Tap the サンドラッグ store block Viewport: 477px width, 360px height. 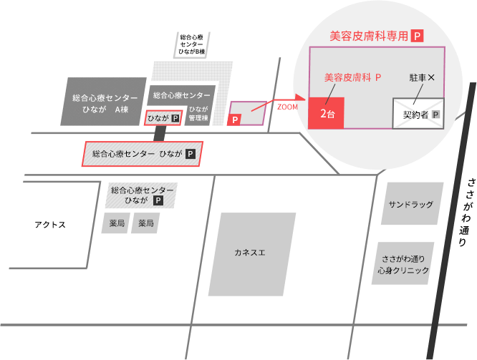tap(410, 205)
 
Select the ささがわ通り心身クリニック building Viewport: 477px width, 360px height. tap(405, 264)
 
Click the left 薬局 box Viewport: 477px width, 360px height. tap(117, 224)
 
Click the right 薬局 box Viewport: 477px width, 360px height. tap(146, 224)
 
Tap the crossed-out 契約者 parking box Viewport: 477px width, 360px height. tap(419, 114)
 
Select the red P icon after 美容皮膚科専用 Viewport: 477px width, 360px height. tap(419, 35)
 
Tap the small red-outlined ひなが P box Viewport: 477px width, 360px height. tap(163, 118)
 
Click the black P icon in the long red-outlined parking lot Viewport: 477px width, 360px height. tap(191, 154)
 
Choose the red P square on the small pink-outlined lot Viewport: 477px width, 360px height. tap(233, 120)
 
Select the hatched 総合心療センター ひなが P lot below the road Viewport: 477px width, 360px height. tap(140, 195)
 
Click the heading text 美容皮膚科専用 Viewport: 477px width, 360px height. tap(368, 35)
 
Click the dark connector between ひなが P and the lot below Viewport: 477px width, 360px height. tap(159, 134)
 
